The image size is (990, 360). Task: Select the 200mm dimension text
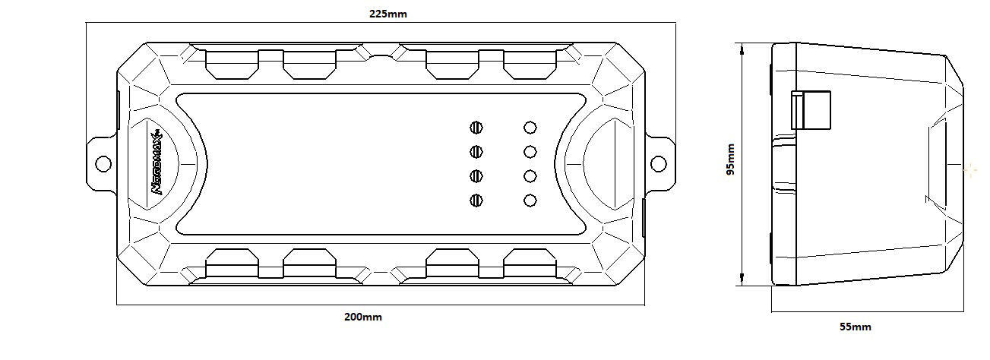[x=363, y=317]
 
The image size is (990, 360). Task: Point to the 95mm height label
[x=730, y=159]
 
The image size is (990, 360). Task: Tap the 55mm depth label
[x=855, y=327]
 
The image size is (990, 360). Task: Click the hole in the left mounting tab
[x=103, y=163]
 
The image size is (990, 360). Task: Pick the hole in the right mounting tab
[x=658, y=163]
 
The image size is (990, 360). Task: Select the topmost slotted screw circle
[x=477, y=128]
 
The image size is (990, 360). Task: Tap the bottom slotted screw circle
[x=477, y=201]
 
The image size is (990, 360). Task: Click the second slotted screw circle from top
[x=477, y=152]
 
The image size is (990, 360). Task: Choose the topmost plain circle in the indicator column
[x=530, y=128]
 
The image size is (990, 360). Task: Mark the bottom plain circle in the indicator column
[x=530, y=201]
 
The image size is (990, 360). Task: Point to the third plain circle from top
[x=530, y=176]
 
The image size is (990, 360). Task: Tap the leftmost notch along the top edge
[x=232, y=65]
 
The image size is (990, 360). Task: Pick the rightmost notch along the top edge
[x=530, y=65]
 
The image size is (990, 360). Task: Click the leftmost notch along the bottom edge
[x=232, y=261]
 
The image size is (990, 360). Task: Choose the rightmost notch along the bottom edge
[x=530, y=261]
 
